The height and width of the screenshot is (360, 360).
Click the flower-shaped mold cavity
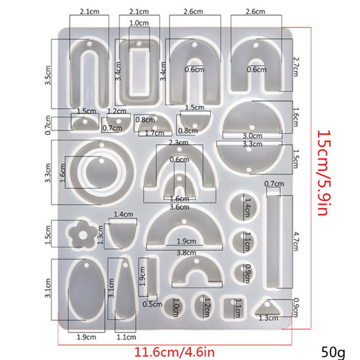tap(82, 234)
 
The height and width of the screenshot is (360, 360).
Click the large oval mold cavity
tap(87, 289)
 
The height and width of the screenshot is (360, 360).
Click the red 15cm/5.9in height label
tap(324, 173)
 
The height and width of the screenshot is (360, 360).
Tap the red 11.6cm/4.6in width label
tap(174, 352)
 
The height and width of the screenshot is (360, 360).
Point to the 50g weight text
tap(333, 352)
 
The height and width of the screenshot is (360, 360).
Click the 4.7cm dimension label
tap(296, 242)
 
